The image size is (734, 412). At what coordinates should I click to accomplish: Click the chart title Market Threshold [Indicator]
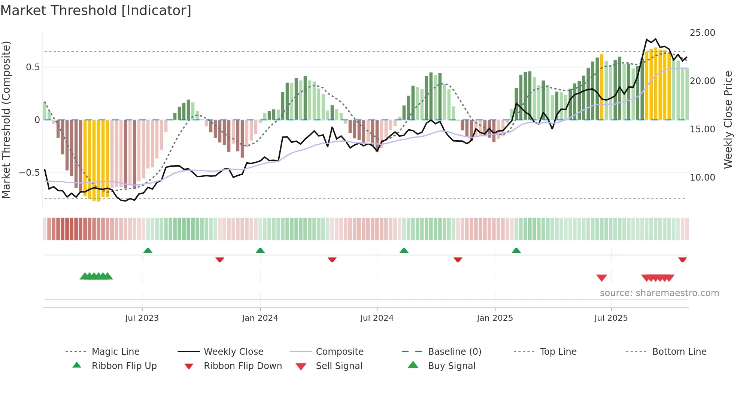[96, 10]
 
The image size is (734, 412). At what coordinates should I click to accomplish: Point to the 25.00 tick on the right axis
[702, 33]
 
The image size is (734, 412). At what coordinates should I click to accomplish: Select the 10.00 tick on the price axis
[702, 178]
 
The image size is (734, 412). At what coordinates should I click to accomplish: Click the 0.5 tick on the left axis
[33, 67]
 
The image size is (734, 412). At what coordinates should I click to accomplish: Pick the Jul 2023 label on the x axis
[142, 318]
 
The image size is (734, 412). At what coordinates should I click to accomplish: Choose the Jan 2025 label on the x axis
[495, 318]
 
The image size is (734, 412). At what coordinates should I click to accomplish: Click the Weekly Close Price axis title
[728, 120]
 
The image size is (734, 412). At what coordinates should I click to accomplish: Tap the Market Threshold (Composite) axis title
[6, 120]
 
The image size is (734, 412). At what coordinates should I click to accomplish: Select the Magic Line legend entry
[115, 352]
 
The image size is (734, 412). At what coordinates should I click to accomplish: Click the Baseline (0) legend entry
[454, 352]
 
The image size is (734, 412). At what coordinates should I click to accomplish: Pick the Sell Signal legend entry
[339, 366]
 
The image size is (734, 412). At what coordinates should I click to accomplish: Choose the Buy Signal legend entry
[451, 366]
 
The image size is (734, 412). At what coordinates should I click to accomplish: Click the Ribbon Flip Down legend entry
[243, 366]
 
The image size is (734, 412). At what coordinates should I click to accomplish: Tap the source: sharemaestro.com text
[659, 293]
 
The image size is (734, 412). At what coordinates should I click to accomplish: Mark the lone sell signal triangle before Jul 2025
[601, 278]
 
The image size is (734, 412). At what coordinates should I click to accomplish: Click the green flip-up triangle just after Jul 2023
[148, 250]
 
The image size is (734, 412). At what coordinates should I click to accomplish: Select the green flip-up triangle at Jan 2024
[260, 250]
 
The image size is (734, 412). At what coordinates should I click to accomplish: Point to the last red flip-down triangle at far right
[682, 259]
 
